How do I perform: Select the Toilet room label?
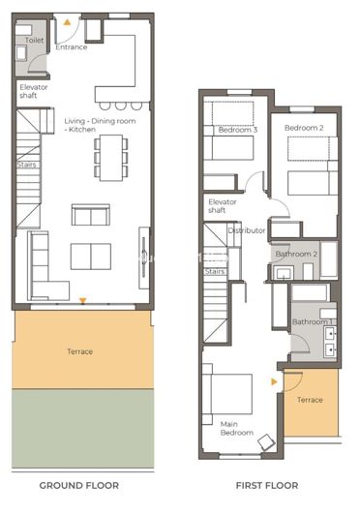coord(34,42)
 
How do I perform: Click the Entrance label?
coord(72,47)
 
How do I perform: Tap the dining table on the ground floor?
coord(111,155)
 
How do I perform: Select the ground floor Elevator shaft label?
coord(34,92)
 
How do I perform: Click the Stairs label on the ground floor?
coord(26,165)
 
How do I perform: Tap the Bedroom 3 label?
coord(237,130)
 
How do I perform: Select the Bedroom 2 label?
coord(303,128)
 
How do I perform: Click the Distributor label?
coord(246,231)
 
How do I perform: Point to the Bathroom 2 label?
coord(295,254)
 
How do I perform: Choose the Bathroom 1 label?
coord(313,321)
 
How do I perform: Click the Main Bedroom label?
coord(236,428)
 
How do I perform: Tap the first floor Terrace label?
coord(310,399)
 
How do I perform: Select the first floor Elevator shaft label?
coord(224,206)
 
